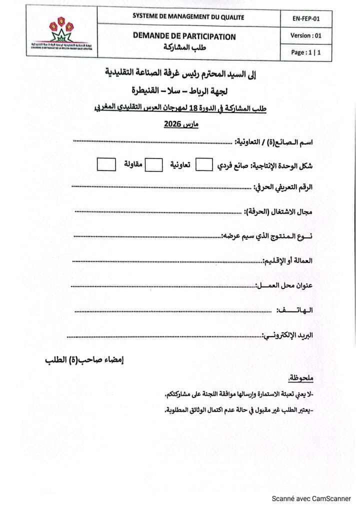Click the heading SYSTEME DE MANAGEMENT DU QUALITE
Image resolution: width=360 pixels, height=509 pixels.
click(x=188, y=17)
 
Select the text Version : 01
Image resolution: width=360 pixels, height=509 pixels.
click(x=305, y=35)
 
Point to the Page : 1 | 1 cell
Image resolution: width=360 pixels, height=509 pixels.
click(x=305, y=52)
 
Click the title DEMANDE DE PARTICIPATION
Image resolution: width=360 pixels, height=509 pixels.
click(x=184, y=36)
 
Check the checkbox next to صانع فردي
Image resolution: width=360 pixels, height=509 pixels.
click(x=204, y=164)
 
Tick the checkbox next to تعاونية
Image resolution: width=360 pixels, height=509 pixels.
click(x=153, y=164)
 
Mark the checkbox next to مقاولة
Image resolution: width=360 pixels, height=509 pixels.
click(x=105, y=164)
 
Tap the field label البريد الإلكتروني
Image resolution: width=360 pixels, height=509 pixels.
click(x=288, y=335)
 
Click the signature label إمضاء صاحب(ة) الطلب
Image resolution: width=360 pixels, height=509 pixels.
click(x=84, y=360)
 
